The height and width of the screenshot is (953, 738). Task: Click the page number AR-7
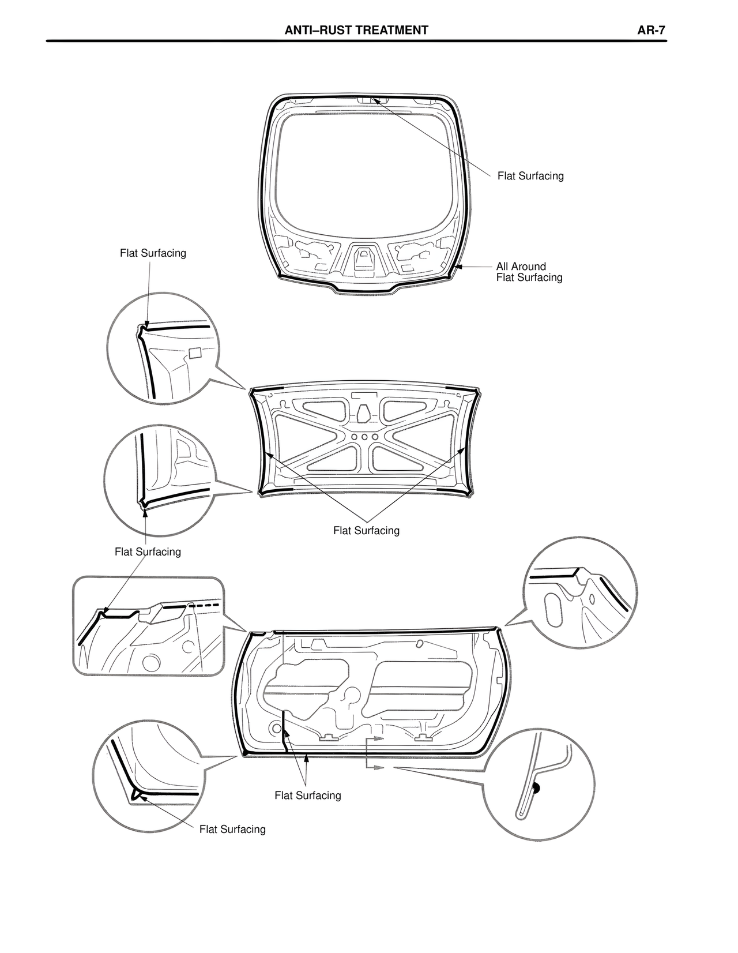pos(652,31)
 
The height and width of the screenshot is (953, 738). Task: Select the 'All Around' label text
pos(521,267)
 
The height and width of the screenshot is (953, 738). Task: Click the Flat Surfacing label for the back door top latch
pos(530,176)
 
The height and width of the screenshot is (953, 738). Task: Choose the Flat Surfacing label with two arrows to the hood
pos(366,531)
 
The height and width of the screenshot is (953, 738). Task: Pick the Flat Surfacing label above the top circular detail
pos(153,253)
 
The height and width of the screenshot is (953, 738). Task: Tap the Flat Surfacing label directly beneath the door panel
pos(307,796)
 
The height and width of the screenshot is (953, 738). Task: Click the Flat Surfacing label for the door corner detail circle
pos(232,830)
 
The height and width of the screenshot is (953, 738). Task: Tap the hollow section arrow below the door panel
pos(377,767)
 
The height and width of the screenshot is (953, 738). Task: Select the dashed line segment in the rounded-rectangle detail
pos(206,606)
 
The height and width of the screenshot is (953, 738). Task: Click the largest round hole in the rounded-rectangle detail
pos(152,662)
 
